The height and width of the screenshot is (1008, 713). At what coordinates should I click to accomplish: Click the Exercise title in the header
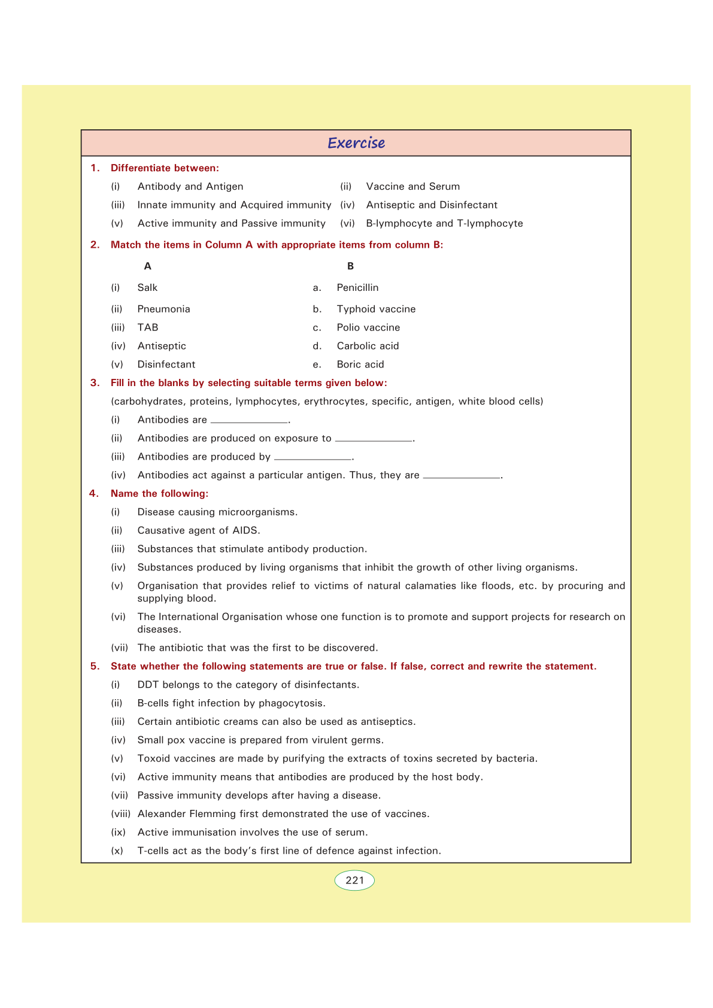pyautogui.click(x=356, y=143)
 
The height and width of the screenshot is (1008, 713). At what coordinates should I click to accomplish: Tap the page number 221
pyautogui.click(x=354, y=881)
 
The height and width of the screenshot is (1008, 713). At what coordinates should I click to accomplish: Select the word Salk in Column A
pyautogui.click(x=147, y=288)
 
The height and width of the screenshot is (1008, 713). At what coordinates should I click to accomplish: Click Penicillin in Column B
pyautogui.click(x=357, y=288)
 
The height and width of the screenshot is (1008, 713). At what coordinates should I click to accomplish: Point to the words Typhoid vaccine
pyautogui.click(x=376, y=309)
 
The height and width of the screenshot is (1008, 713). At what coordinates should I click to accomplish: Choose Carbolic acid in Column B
pyautogui.click(x=368, y=346)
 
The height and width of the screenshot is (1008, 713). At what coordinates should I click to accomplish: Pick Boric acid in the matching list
pyautogui.click(x=360, y=365)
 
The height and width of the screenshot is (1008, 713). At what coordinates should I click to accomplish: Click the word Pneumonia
pyautogui.click(x=163, y=309)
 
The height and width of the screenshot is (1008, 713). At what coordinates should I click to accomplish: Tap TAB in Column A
pyautogui.click(x=148, y=327)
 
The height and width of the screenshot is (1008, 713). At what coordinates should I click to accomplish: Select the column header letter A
pyautogui.click(x=148, y=266)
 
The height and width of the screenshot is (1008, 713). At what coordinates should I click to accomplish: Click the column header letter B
pyautogui.click(x=350, y=266)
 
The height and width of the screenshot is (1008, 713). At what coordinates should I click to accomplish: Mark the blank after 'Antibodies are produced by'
pyautogui.click(x=312, y=459)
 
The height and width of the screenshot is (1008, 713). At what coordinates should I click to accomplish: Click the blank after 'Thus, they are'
pyautogui.click(x=462, y=477)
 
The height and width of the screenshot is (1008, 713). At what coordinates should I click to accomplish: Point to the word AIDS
pyautogui.click(x=245, y=530)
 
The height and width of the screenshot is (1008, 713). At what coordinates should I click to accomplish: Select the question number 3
pyautogui.click(x=95, y=383)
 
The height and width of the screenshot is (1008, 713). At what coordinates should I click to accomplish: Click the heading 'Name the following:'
pyautogui.click(x=159, y=494)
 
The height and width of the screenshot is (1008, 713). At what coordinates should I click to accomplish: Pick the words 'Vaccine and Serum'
pyautogui.click(x=413, y=187)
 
